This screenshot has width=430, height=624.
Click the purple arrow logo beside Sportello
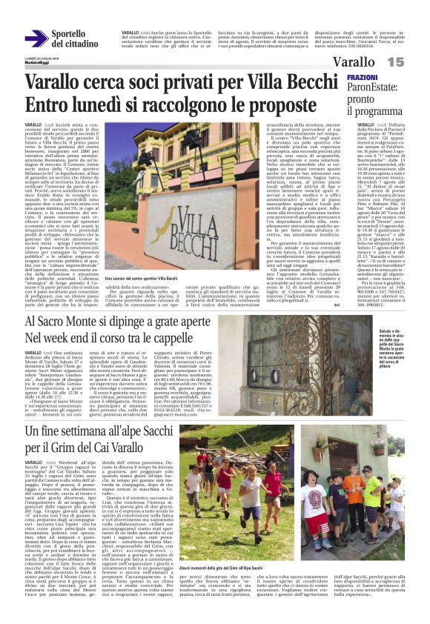point(36,39)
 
